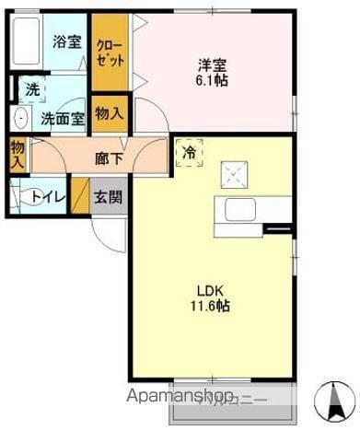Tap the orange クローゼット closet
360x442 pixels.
(x=110, y=51)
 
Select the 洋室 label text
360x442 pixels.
(x=213, y=64)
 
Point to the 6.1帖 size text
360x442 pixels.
(x=213, y=80)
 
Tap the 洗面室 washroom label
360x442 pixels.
(x=63, y=118)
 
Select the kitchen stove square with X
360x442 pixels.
(x=232, y=171)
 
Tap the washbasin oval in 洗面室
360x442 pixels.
(x=19, y=117)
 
